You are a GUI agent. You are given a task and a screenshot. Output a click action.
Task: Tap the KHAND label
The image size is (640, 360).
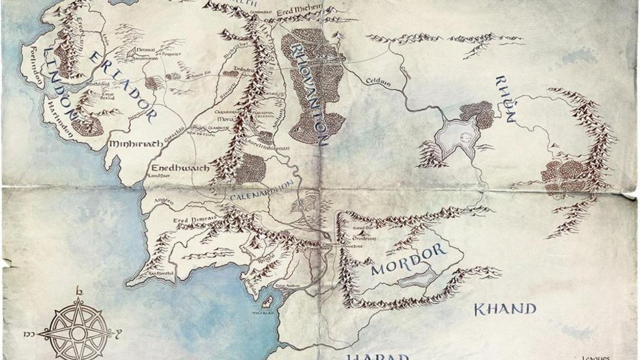pos(504,309)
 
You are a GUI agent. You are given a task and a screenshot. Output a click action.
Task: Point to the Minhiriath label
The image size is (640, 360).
pos(136,144)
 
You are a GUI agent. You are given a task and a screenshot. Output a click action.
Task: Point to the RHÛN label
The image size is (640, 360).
pos(506,99)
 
